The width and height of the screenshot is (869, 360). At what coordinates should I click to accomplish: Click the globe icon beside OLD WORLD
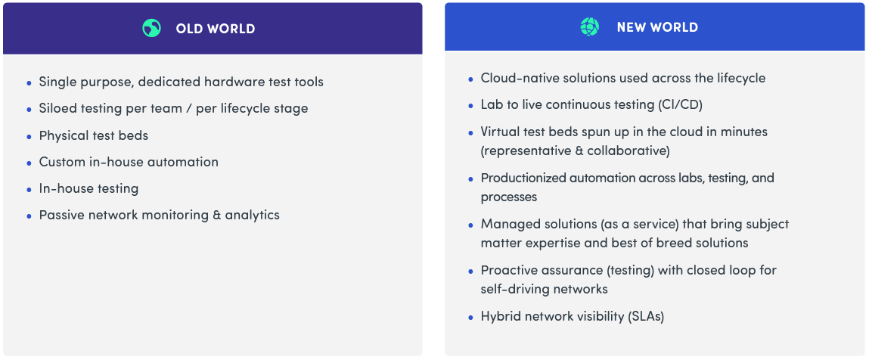151,28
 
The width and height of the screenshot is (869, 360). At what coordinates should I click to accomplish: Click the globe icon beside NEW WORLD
590,26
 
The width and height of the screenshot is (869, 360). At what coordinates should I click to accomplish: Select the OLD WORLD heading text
216,29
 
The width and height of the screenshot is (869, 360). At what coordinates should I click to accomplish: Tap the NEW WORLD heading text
657,27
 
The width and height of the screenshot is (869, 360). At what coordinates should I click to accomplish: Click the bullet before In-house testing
29,189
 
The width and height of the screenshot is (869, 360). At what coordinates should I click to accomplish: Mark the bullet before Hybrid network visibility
470,318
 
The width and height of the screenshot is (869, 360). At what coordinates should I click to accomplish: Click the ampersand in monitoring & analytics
217,215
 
